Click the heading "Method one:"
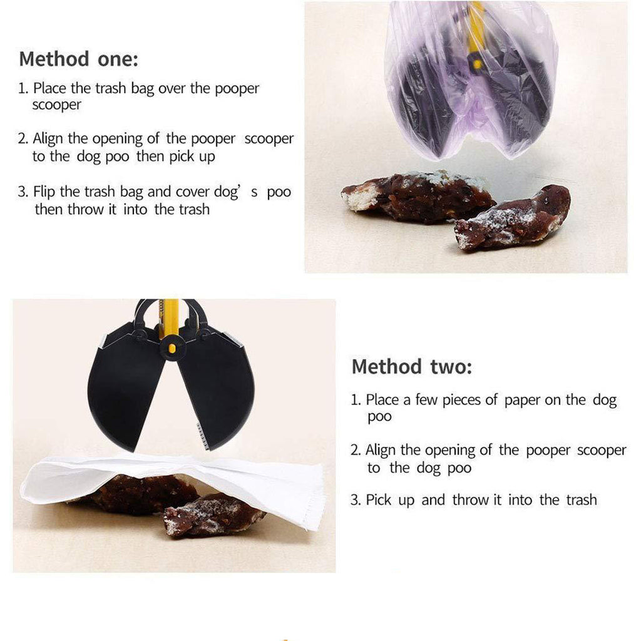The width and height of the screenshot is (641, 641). pos(78,59)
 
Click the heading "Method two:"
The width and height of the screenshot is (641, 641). pos(412,366)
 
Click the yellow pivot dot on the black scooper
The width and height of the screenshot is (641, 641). pos(172,348)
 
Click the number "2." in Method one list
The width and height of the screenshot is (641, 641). pos(23,138)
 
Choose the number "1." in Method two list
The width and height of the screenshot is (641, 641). pos(356,400)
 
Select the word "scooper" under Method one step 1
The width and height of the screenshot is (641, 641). pos(57,105)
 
